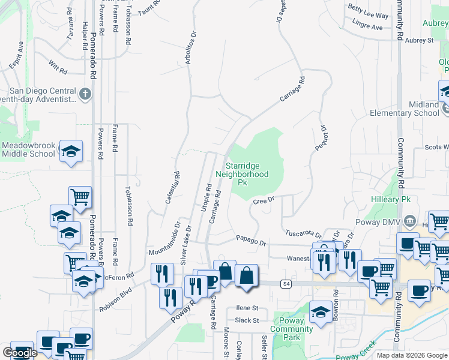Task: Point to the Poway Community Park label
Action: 292,329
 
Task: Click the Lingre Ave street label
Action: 369,27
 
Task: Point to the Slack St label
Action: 247,320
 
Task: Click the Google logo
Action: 19,353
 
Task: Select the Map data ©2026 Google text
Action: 412,355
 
